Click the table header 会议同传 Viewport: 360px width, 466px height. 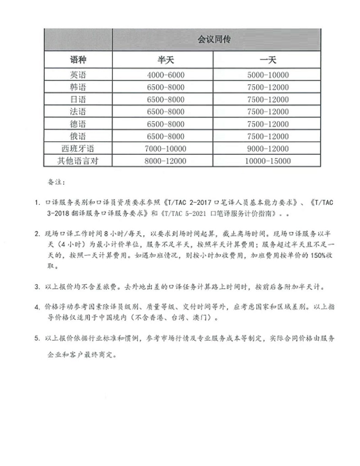pos(217,40)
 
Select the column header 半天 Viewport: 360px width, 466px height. pos(163,60)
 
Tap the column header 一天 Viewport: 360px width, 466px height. pos(267,60)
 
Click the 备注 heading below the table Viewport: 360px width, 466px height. pos(56,183)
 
